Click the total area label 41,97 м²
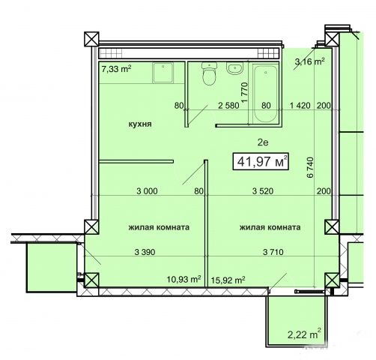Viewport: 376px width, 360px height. pyautogui.click(x=261, y=161)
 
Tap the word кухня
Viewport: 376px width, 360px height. pyautogui.click(x=140, y=124)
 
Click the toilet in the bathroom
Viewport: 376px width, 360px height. pyautogui.click(x=208, y=73)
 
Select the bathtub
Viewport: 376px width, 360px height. pyautogui.click(x=265, y=93)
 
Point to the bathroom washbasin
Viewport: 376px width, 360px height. pyautogui.click(x=234, y=68)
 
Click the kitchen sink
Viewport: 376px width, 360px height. pyautogui.click(x=163, y=73)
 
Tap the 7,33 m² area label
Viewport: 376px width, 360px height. pyautogui.click(x=116, y=69)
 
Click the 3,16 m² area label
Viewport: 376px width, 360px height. pyautogui.click(x=309, y=61)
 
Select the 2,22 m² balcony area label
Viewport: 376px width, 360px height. pyautogui.click(x=304, y=334)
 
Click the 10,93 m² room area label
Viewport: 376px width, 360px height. pyautogui.click(x=184, y=279)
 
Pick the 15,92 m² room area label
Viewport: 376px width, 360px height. pyautogui.click(x=228, y=280)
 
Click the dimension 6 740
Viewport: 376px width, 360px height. pyautogui.click(x=310, y=167)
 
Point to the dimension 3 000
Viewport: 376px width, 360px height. pyautogui.click(x=147, y=191)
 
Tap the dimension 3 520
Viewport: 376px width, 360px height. pyautogui.click(x=263, y=191)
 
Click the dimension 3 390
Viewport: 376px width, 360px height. pyautogui.click(x=145, y=252)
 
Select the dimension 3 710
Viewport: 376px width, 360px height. pyautogui.click(x=273, y=252)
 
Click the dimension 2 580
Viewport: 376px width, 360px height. pyautogui.click(x=228, y=106)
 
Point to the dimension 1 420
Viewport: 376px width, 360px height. pyautogui.click(x=300, y=106)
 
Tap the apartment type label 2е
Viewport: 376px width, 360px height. pyautogui.click(x=263, y=142)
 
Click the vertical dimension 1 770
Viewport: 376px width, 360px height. pyautogui.click(x=245, y=92)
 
